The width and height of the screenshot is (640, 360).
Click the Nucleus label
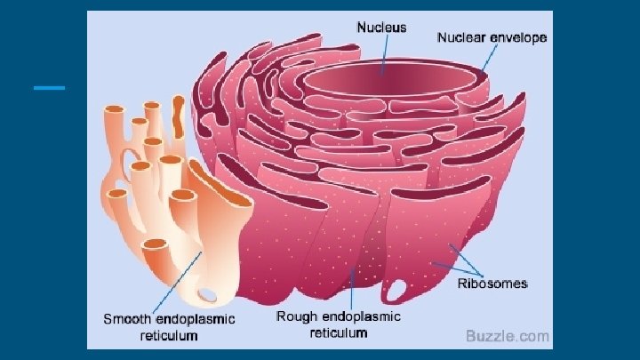tap(381, 27)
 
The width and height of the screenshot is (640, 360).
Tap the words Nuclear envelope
tap(492, 37)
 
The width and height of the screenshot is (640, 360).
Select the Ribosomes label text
tap(492, 284)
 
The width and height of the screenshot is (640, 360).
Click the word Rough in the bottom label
tap(295, 316)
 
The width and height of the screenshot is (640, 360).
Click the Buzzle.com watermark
tap(508, 337)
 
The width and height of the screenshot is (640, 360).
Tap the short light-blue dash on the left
tap(50, 87)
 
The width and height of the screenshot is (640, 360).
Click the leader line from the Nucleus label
tap(383, 54)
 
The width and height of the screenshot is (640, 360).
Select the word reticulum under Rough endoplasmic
tap(338, 333)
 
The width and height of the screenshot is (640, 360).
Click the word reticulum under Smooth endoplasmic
tap(169, 336)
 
